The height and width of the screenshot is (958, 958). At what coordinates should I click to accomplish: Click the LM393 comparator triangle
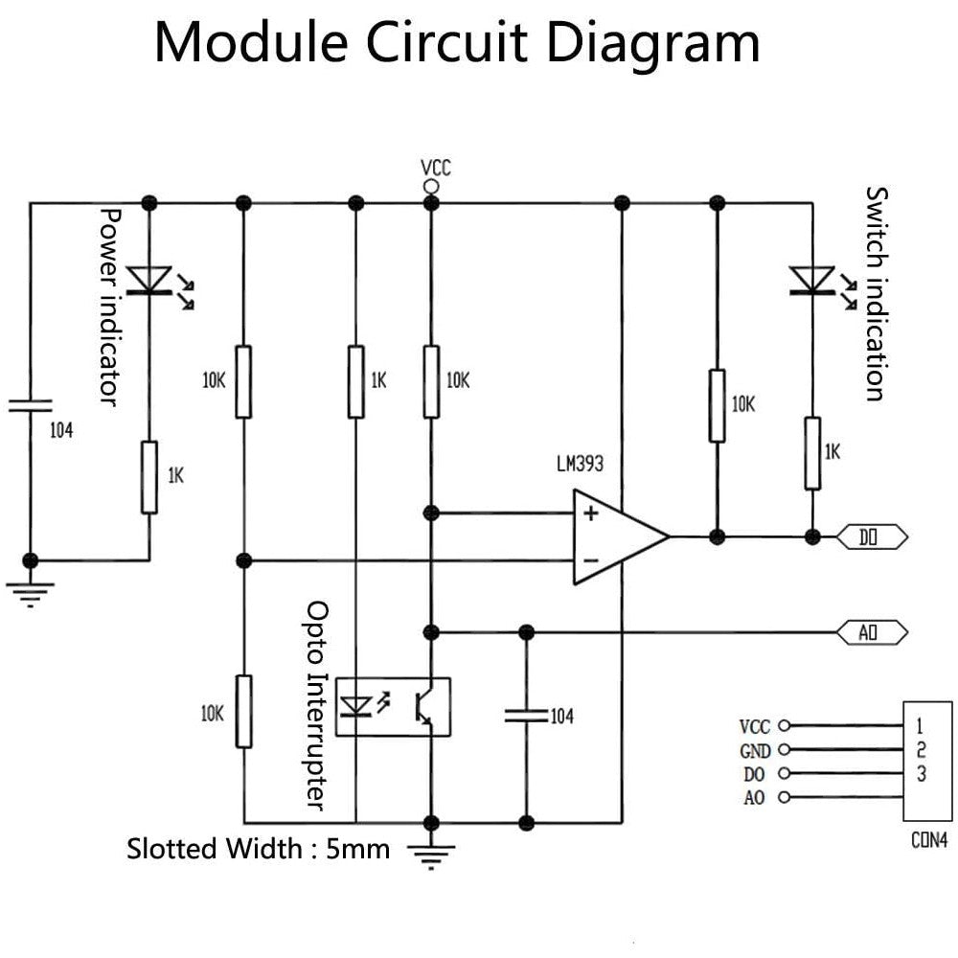click(x=613, y=536)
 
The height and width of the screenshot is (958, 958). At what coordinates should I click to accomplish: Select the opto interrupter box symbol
click(x=397, y=706)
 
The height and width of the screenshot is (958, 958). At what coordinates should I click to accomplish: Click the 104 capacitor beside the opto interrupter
click(x=525, y=714)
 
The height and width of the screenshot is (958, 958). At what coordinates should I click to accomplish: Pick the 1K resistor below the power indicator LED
click(x=149, y=477)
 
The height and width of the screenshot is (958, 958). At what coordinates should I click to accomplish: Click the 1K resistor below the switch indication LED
click(x=812, y=453)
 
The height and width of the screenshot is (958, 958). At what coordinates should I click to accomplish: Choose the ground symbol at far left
click(x=31, y=592)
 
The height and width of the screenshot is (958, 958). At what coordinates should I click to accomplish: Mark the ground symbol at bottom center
click(x=431, y=852)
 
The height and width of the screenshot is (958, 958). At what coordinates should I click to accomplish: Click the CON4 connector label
click(x=928, y=842)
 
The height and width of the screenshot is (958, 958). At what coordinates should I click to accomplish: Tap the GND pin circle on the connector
click(x=786, y=750)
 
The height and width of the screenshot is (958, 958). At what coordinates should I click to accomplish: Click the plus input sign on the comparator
click(x=591, y=513)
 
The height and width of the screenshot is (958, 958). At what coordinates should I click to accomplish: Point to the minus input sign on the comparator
click(x=591, y=559)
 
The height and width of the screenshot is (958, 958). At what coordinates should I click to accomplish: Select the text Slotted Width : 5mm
click(x=259, y=849)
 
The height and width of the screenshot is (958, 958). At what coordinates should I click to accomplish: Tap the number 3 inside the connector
click(x=921, y=773)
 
